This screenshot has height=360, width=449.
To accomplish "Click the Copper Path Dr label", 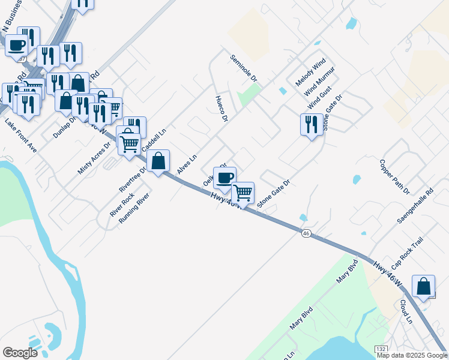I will coord(394,176).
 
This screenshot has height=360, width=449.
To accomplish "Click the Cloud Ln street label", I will coord(406,312).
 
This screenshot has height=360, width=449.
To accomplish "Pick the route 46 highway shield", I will coord(306,233).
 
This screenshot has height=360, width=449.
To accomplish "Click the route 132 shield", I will coord(381,348).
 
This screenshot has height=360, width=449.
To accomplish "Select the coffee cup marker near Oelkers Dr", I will coord(224,178).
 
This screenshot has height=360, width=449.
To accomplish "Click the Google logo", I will coord(20,352).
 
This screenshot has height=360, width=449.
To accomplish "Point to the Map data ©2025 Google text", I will coord(412,355).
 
